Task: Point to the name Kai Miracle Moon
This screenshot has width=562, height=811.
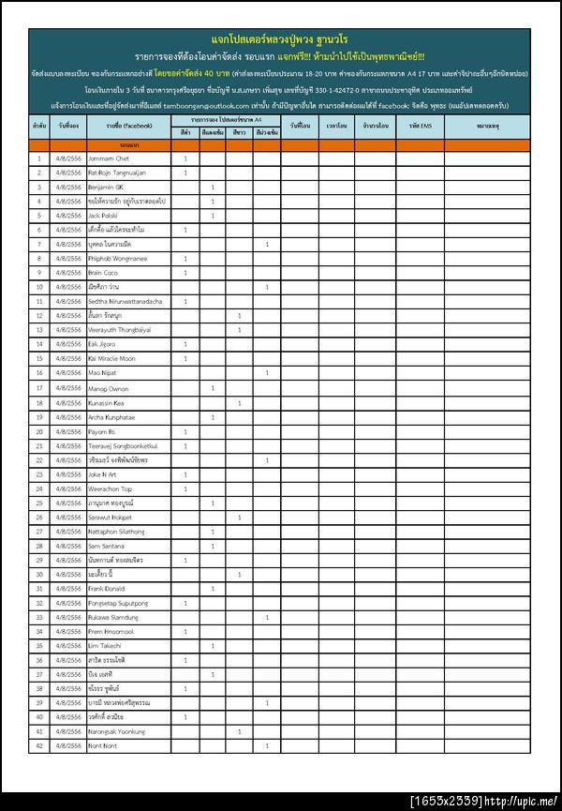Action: (x=111, y=358)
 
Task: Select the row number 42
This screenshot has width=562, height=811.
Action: (x=39, y=745)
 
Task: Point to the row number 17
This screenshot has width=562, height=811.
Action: (x=39, y=387)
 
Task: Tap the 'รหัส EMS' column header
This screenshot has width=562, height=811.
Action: (x=420, y=126)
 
